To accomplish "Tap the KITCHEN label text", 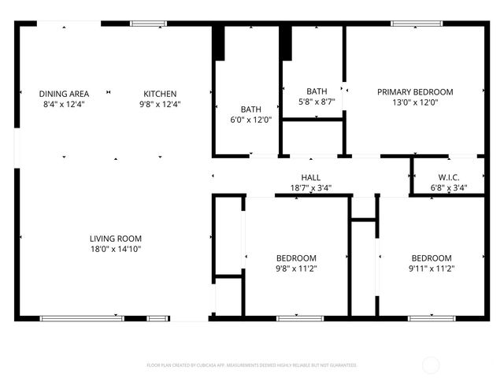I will coord(160,94).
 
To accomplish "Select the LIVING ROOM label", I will coord(115,239).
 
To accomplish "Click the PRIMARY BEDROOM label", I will coord(415,91).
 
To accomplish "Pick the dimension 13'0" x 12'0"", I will coord(415,102).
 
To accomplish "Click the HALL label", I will coord(310,178).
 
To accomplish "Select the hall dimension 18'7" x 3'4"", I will coord(310,188).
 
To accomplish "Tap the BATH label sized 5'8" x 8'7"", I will coord(317,91).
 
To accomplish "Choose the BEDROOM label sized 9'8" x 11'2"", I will coord(296,258).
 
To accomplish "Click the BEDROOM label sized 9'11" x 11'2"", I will coord(432,258).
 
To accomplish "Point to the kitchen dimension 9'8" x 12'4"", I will coord(160,104).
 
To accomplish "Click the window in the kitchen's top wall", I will coord(148,24).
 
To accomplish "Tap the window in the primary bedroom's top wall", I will coord(415,24).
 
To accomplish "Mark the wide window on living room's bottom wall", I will coord(81,318).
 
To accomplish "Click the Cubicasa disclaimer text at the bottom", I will coord(252,365).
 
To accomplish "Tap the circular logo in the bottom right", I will coord(431,365).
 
